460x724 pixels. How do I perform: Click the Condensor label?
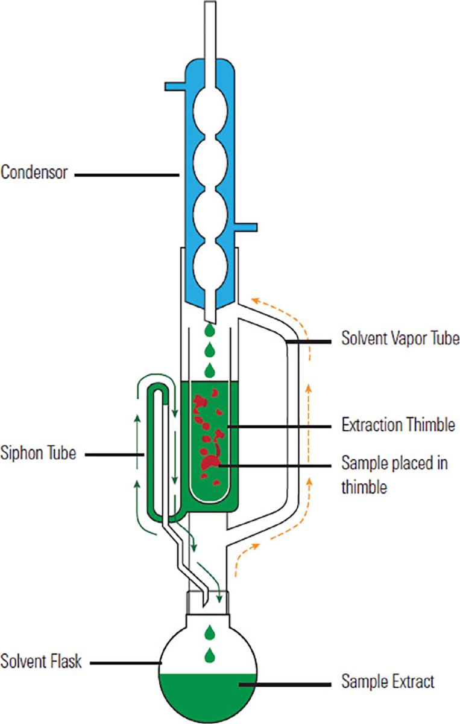[34, 172]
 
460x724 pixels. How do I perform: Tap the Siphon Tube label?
[38, 453]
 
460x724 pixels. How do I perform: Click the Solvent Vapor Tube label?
[400, 338]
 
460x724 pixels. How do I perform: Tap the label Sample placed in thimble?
[395, 475]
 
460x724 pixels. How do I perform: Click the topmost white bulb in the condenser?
[210, 111]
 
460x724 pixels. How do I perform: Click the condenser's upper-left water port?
[175, 87]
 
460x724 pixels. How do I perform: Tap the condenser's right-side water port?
[245, 227]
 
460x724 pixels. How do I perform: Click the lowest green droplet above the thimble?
[210, 370]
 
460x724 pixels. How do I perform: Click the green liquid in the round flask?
[208, 695]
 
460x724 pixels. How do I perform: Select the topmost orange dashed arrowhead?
[256, 300]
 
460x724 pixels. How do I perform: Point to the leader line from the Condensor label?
[127, 175]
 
